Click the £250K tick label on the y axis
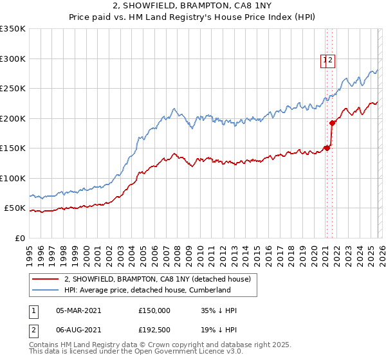(x=13, y=89)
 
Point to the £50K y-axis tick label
(x=15, y=208)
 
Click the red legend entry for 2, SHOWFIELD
(x=161, y=278)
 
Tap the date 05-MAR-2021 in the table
(x=78, y=310)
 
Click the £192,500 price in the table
(x=154, y=328)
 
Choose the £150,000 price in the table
(x=154, y=310)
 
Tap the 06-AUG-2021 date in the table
(x=78, y=328)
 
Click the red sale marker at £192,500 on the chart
(x=333, y=123)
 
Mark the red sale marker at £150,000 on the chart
(x=327, y=148)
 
